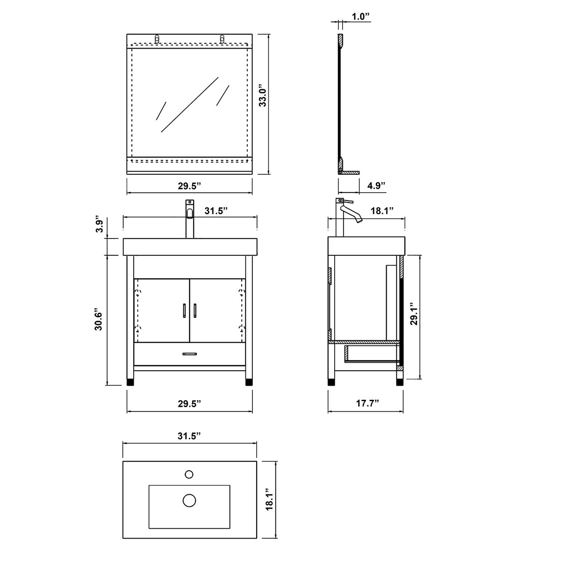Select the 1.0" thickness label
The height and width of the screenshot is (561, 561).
[361, 17]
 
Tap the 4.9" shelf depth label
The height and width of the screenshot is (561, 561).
[376, 186]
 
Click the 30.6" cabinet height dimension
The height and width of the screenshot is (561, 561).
[98, 320]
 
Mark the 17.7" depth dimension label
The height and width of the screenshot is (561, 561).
[367, 403]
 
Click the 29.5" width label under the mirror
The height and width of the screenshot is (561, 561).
[189, 186]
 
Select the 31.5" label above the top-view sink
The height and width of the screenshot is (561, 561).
[189, 436]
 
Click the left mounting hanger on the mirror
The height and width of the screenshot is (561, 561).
[158, 39]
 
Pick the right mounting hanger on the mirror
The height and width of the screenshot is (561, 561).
[222, 39]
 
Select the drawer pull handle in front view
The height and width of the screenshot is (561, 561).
[189, 354]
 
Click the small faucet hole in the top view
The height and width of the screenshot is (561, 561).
[189, 474]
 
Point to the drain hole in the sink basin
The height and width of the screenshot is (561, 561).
[189, 500]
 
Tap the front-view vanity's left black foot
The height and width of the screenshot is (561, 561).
[131, 381]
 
